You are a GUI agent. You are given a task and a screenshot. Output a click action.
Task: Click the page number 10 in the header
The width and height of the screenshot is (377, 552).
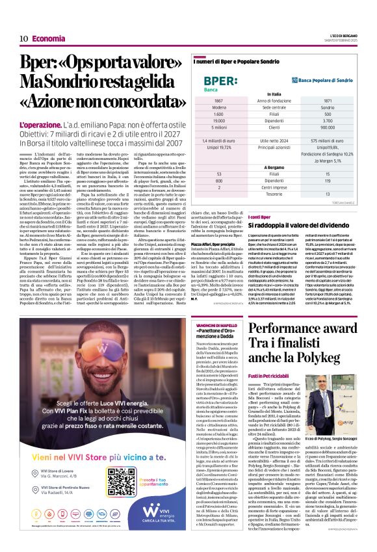click(24, 38)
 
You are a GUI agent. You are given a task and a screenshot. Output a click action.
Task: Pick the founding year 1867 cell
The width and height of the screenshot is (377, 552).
click(218, 101)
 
